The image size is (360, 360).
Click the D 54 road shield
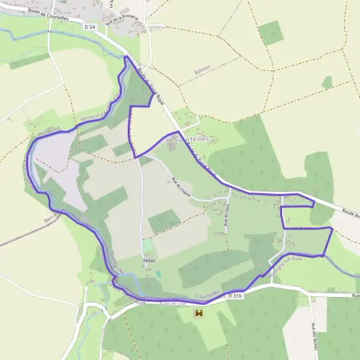click(90, 27)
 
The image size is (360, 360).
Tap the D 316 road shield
click(235, 296)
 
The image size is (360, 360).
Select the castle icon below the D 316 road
click(199, 313)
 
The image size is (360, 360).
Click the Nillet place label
click(149, 261)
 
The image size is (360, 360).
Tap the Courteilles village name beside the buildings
click(191, 139)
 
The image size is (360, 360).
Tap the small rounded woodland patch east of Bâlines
click(327, 82)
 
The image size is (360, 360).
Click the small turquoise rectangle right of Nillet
click(158, 273)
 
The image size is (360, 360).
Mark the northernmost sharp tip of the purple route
click(125, 57)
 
